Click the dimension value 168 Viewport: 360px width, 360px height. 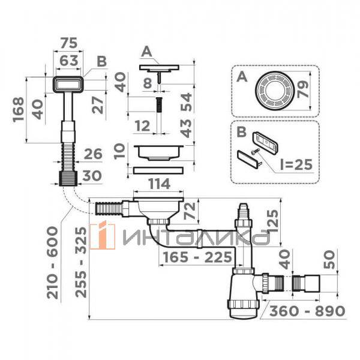point(19,109)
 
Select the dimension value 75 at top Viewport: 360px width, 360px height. point(68,43)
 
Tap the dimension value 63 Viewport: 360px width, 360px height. point(68,61)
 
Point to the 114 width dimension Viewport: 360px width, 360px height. point(159,184)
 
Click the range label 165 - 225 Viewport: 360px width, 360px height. point(197,257)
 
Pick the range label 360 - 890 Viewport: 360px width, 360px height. point(307,311)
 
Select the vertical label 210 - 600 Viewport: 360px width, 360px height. point(53,262)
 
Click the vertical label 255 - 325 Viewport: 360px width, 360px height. point(81,262)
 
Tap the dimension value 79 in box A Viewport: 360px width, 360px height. point(302,89)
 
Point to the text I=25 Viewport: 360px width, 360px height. point(296,164)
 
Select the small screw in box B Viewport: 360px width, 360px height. point(256,151)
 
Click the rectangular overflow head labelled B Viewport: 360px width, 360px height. point(68,85)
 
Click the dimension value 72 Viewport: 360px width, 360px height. point(191,211)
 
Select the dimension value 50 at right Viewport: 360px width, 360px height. point(329,259)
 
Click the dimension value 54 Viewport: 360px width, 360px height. point(186,102)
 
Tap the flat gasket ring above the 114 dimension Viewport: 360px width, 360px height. point(158,170)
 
